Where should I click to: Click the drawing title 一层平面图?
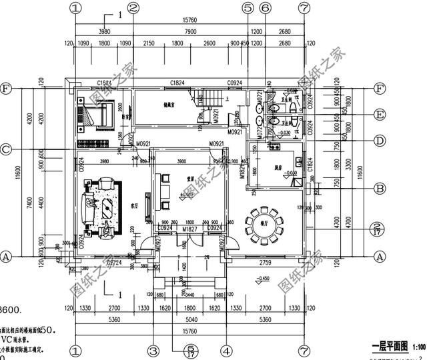tap(390, 347)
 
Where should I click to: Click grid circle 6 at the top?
tap(265, 8)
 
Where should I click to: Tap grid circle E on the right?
tap(380, 115)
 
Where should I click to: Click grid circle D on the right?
tap(380, 141)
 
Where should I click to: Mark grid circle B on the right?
tap(380, 189)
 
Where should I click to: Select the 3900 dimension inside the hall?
tap(181, 161)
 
